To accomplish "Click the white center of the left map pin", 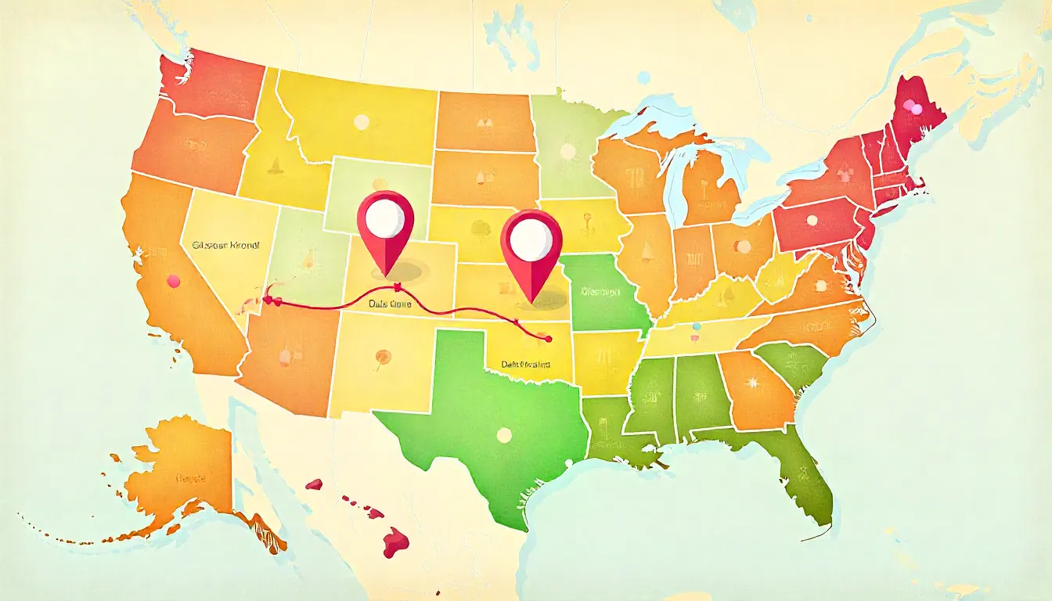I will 384,219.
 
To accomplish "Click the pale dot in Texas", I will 503,434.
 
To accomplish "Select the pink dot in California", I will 173,280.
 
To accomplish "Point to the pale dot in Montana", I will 361,122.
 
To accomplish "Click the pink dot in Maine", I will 909,106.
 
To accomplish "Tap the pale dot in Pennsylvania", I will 812,220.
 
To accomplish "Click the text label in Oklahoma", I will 524,365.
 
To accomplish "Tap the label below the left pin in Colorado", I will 390,303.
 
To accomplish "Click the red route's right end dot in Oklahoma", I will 547,339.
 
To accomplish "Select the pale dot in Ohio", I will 743,247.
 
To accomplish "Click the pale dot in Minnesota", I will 563,149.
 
